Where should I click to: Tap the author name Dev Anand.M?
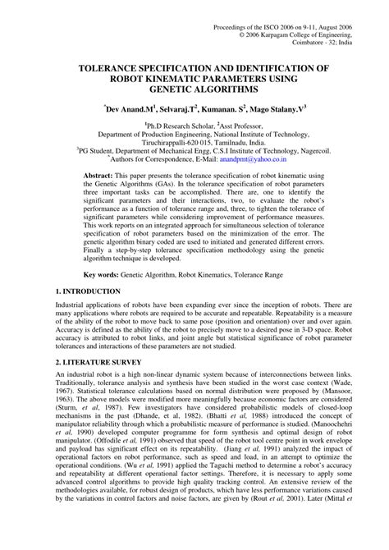coord(130,108)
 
